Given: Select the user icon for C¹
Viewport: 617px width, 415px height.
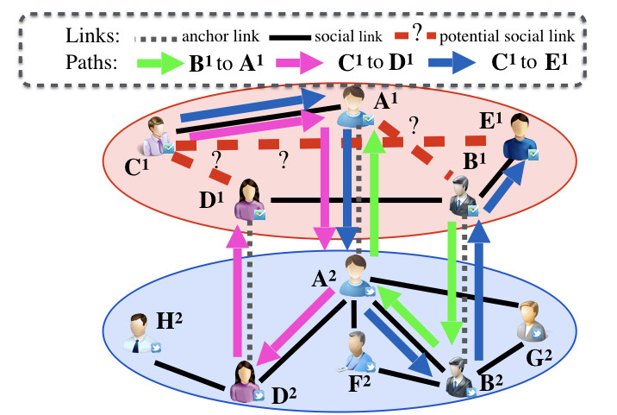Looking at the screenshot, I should (x=159, y=135).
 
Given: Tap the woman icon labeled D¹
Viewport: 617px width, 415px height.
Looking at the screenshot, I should (x=249, y=199).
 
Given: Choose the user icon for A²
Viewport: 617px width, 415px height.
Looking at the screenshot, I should (x=355, y=276).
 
